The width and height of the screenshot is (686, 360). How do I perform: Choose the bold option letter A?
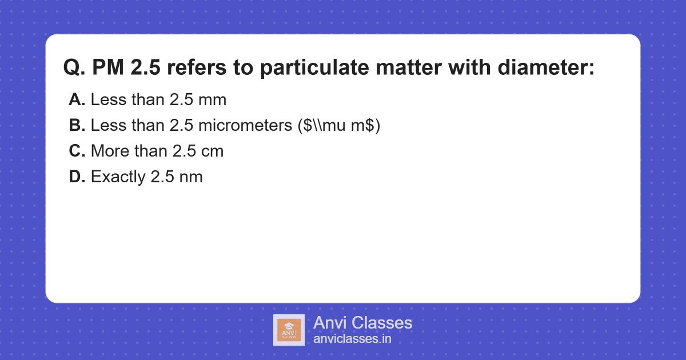pyautogui.click(x=77, y=100)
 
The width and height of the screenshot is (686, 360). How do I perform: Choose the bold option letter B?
pyautogui.click(x=77, y=126)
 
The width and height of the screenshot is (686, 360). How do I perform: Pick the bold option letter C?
pyautogui.click(x=77, y=151)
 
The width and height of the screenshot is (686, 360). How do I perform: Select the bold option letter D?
pyautogui.click(x=77, y=177)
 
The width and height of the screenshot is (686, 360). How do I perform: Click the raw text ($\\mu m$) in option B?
pyautogui.click(x=339, y=126)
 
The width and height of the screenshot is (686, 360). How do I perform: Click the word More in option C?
pyautogui.click(x=109, y=151)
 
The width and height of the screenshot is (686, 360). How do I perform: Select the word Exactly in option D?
pyautogui.click(x=118, y=177)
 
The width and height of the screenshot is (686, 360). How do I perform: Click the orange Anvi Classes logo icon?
pyautogui.click(x=289, y=330)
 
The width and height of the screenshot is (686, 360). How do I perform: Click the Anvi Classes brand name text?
pyautogui.click(x=362, y=323)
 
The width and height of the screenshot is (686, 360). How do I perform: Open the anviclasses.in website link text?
pyautogui.click(x=352, y=339)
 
